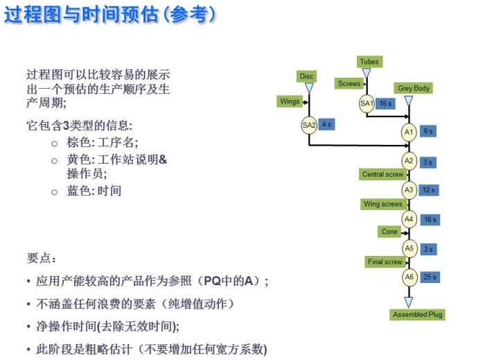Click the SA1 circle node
367,103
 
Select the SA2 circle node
309,125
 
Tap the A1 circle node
409,132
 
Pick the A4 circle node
409,219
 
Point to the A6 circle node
409,277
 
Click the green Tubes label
369,62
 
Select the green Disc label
306,76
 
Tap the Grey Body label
414,88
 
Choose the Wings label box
289,101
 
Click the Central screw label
383,174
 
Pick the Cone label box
389,232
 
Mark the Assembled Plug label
417,314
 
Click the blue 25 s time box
430,277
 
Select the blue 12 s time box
429,190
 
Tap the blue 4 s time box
326,124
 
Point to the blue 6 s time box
428,131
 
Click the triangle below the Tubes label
367,73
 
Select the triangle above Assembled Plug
409,302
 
